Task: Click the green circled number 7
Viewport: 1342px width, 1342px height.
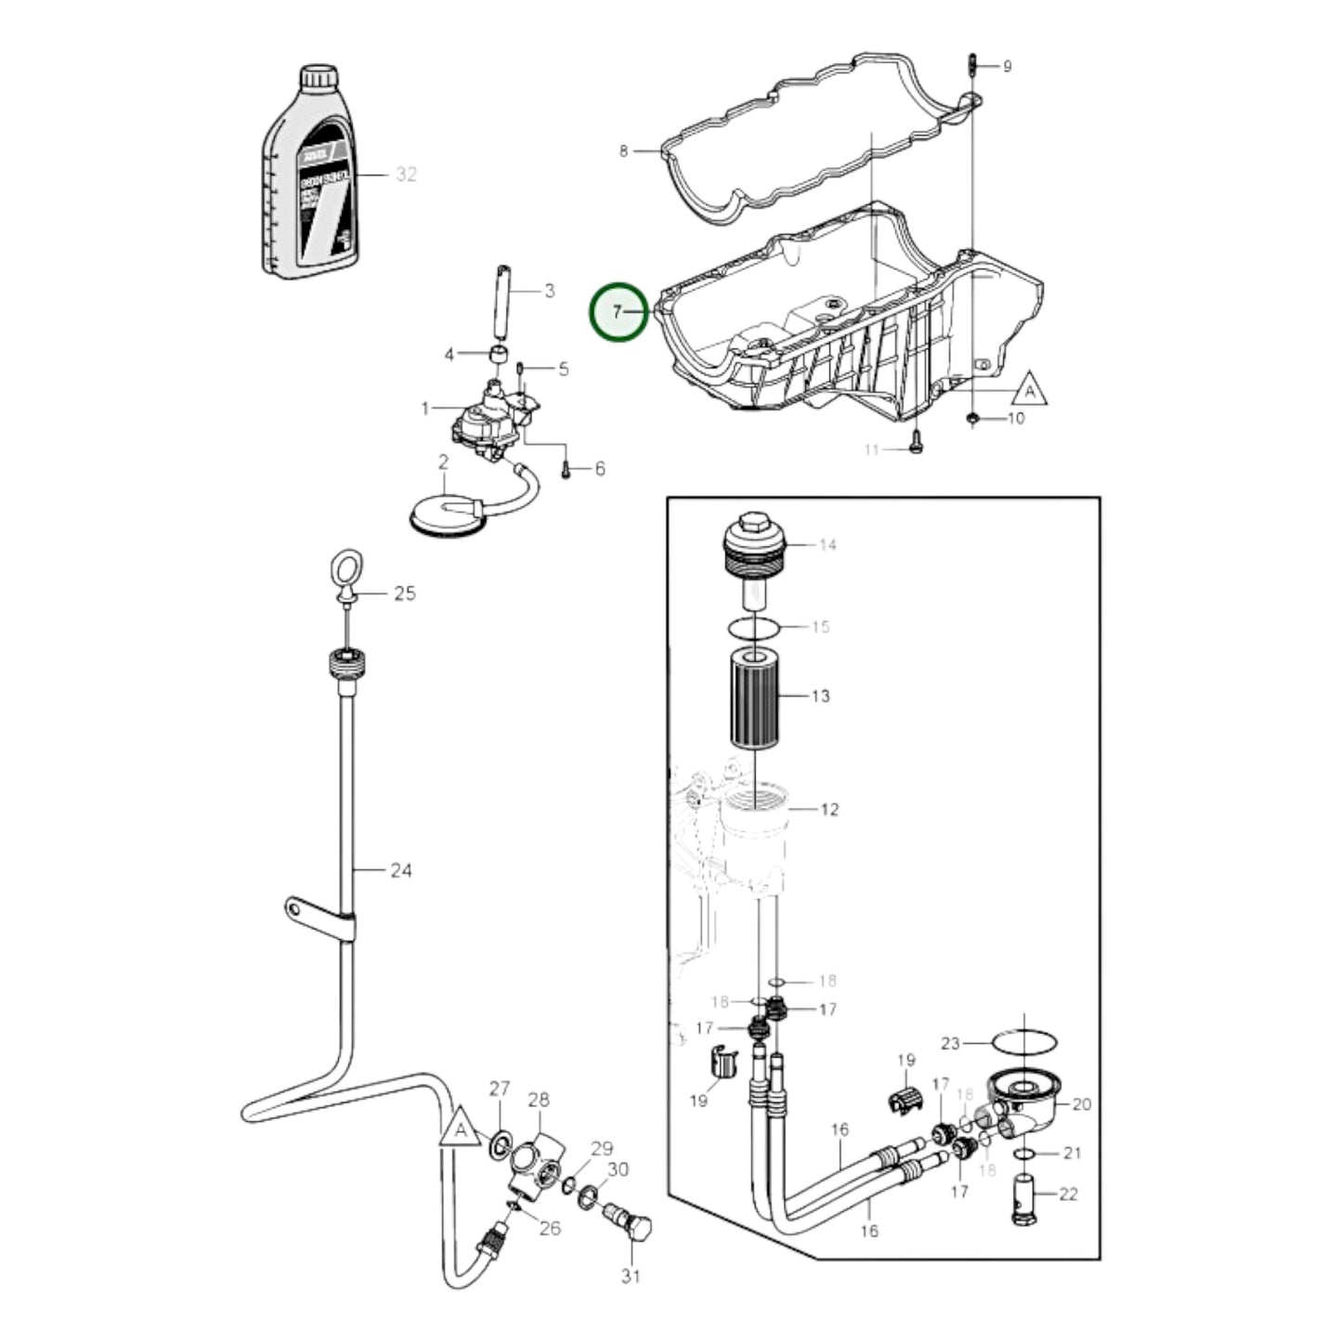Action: [618, 312]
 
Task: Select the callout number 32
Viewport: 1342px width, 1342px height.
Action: [406, 174]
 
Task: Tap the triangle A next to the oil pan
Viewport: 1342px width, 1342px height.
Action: [1031, 387]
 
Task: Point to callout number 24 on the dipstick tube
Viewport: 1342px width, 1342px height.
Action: [400, 870]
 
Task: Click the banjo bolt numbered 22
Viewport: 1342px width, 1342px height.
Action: [1023, 1200]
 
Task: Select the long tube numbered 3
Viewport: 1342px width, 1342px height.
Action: [501, 303]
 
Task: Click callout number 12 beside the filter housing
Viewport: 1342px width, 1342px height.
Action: [828, 809]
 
